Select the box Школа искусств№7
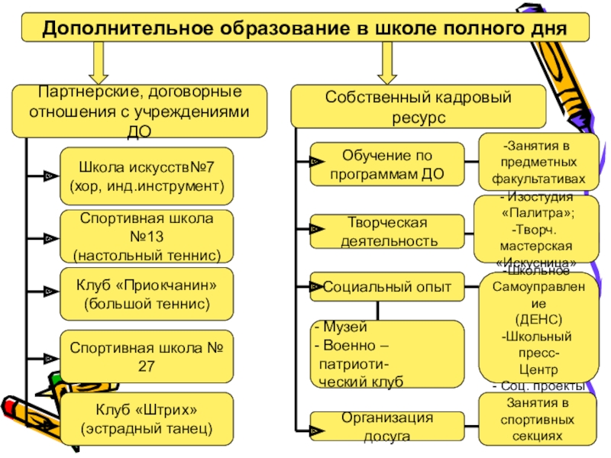pyautogui.click(x=147, y=176)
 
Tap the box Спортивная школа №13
pyautogui.click(x=147, y=237)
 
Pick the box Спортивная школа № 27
pyautogui.click(x=147, y=356)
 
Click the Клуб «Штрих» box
pyautogui.click(x=147, y=418)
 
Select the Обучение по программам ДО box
pyautogui.click(x=387, y=164)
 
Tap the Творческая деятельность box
pyautogui.click(x=387, y=232)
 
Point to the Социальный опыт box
pyautogui.click(x=387, y=288)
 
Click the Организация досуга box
pyautogui.click(x=387, y=427)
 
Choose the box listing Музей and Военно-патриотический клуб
pyautogui.click(x=387, y=353)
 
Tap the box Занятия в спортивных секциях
pyautogui.click(x=534, y=419)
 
